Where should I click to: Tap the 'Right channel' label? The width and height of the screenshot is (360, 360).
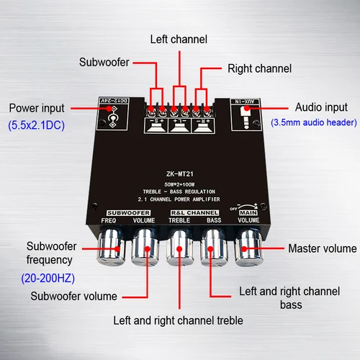(259, 69)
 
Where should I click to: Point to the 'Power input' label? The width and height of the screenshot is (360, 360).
(37, 108)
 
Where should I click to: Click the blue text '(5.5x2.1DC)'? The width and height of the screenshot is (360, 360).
(37, 125)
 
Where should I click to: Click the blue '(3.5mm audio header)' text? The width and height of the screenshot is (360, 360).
(314, 123)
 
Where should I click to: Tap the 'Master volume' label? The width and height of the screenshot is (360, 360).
(322, 248)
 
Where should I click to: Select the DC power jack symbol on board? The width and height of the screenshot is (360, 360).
(111, 117)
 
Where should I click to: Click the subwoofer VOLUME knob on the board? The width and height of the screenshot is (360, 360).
(145, 249)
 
